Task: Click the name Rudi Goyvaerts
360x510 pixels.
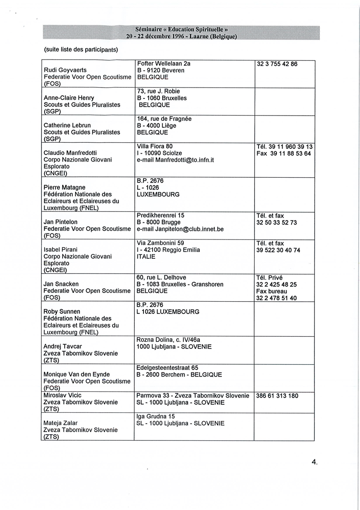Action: tap(65, 70)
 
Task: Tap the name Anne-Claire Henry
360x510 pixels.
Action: tap(68, 98)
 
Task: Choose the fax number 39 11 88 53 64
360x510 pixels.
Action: tap(283, 154)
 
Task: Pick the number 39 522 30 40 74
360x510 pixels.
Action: tap(278, 250)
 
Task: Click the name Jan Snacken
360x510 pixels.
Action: tap(61, 284)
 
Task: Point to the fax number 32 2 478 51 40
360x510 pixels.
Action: tap(276, 298)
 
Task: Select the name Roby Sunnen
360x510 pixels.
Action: tap(62, 312)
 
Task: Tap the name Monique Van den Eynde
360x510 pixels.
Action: tap(77, 374)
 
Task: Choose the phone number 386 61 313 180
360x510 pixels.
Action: tap(277, 396)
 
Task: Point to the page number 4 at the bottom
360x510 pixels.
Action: tap(314, 462)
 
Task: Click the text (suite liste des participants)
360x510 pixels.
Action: tap(81, 49)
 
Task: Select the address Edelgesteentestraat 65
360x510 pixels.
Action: tap(167, 368)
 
